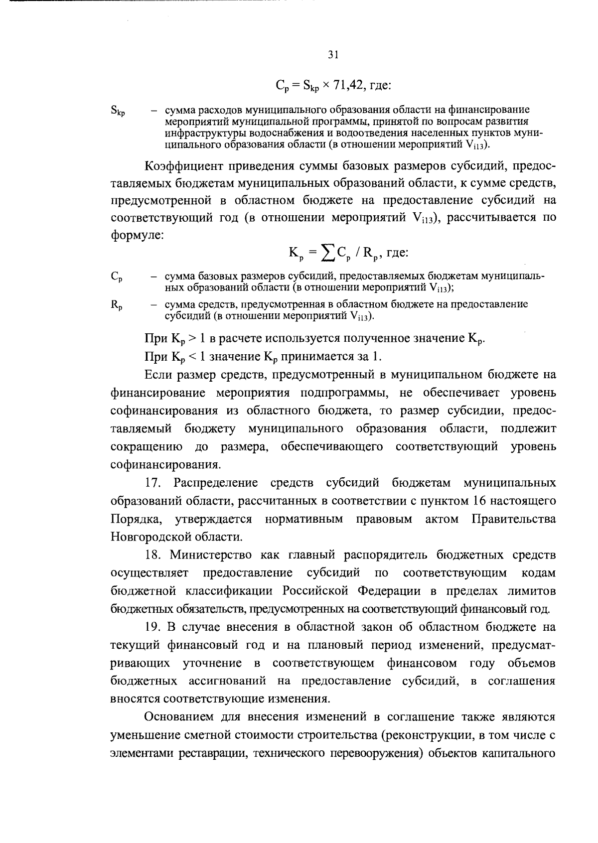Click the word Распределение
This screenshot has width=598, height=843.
(x=215, y=483)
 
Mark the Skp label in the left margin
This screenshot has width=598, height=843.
(x=118, y=112)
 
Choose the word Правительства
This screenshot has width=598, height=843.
(x=513, y=519)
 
